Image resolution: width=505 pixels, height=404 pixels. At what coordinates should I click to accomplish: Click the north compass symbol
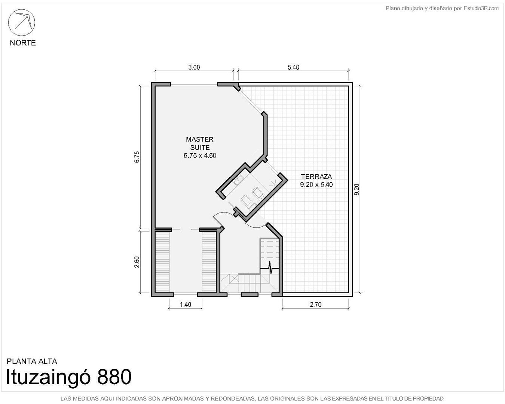pos(22,22)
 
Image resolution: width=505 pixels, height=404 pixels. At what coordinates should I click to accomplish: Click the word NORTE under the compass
pos(23,43)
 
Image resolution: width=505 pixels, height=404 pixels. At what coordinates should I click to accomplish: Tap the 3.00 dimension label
pos(194,67)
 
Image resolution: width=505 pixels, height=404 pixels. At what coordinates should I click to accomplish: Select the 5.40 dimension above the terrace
pos(293,67)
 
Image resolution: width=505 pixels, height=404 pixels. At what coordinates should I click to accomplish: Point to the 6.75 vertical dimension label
pos(137,157)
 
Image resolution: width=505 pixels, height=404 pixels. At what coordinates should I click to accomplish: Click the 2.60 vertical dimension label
pos(137,262)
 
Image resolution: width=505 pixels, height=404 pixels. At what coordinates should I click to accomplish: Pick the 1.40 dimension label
pos(186,305)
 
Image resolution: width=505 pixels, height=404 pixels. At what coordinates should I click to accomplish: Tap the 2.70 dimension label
pos(316,305)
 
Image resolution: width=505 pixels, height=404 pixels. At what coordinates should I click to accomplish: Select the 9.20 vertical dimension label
pos(356,189)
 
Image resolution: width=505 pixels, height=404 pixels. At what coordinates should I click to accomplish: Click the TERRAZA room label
pos(316,177)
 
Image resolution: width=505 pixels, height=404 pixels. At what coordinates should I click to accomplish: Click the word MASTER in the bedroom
pos(200,140)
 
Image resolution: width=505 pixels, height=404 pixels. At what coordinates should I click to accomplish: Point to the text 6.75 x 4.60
pos(200,156)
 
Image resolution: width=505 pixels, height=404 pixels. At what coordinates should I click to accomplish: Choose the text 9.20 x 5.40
pos(316,185)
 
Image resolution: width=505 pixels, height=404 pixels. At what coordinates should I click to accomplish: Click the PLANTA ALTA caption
pos(32,361)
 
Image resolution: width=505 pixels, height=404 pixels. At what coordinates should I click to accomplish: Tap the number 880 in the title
pos(114,377)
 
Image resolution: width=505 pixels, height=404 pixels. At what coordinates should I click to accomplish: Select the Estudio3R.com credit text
pos(481,9)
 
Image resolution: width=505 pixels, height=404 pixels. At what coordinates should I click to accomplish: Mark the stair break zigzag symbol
pos(270,267)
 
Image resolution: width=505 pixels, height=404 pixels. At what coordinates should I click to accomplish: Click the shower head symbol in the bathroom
pos(273,183)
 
